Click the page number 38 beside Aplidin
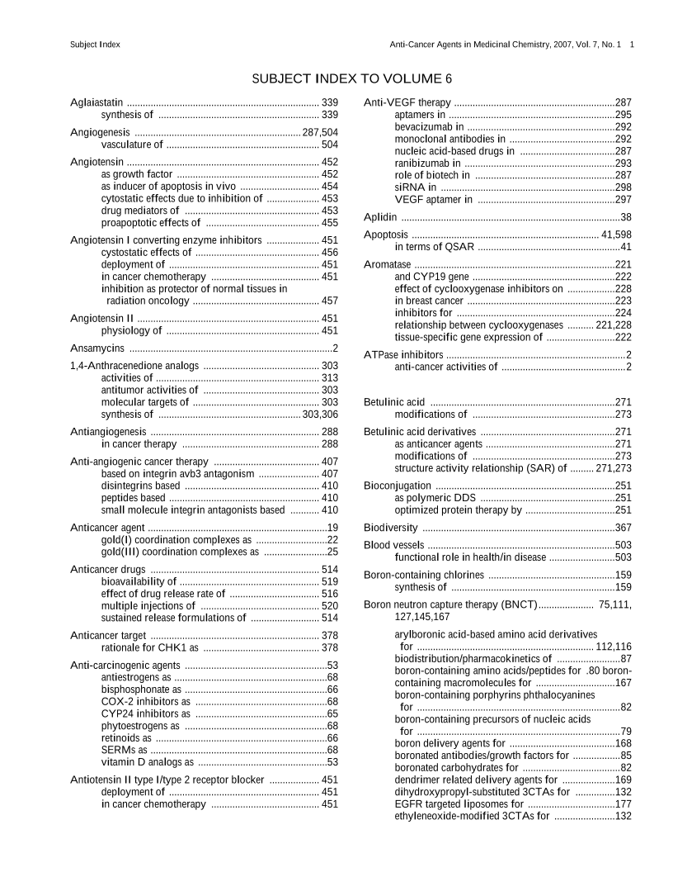pos(626,217)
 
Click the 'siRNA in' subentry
pos(416,187)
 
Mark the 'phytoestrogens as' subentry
pos(140,726)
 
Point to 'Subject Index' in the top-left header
pos(96,44)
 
